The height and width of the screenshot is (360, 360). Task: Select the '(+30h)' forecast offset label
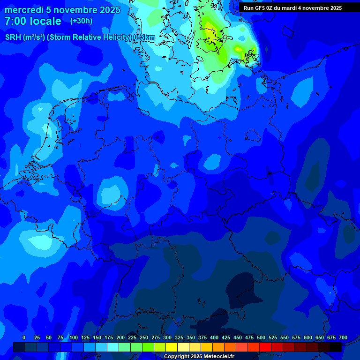point(81,21)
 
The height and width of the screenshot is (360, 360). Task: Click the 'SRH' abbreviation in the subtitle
point(13,37)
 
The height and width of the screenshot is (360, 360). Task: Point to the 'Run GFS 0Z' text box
point(292,8)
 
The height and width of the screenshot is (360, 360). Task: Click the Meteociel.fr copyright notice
point(199,356)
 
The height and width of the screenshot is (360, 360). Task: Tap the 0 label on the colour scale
point(24,337)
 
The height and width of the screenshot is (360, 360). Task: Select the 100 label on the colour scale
point(74,337)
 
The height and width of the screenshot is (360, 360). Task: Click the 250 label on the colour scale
point(144,337)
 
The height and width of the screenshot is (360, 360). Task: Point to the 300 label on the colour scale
point(167,337)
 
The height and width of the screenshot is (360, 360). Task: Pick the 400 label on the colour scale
point(214,337)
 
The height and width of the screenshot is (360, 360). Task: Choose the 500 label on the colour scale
point(261,337)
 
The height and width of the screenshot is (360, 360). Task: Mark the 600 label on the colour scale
point(308,337)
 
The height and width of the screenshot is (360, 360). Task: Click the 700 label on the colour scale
point(343,337)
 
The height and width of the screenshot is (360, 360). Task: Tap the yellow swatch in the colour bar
point(172,347)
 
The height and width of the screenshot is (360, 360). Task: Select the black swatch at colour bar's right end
point(336,347)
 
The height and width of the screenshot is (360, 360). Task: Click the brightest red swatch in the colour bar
point(265,347)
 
